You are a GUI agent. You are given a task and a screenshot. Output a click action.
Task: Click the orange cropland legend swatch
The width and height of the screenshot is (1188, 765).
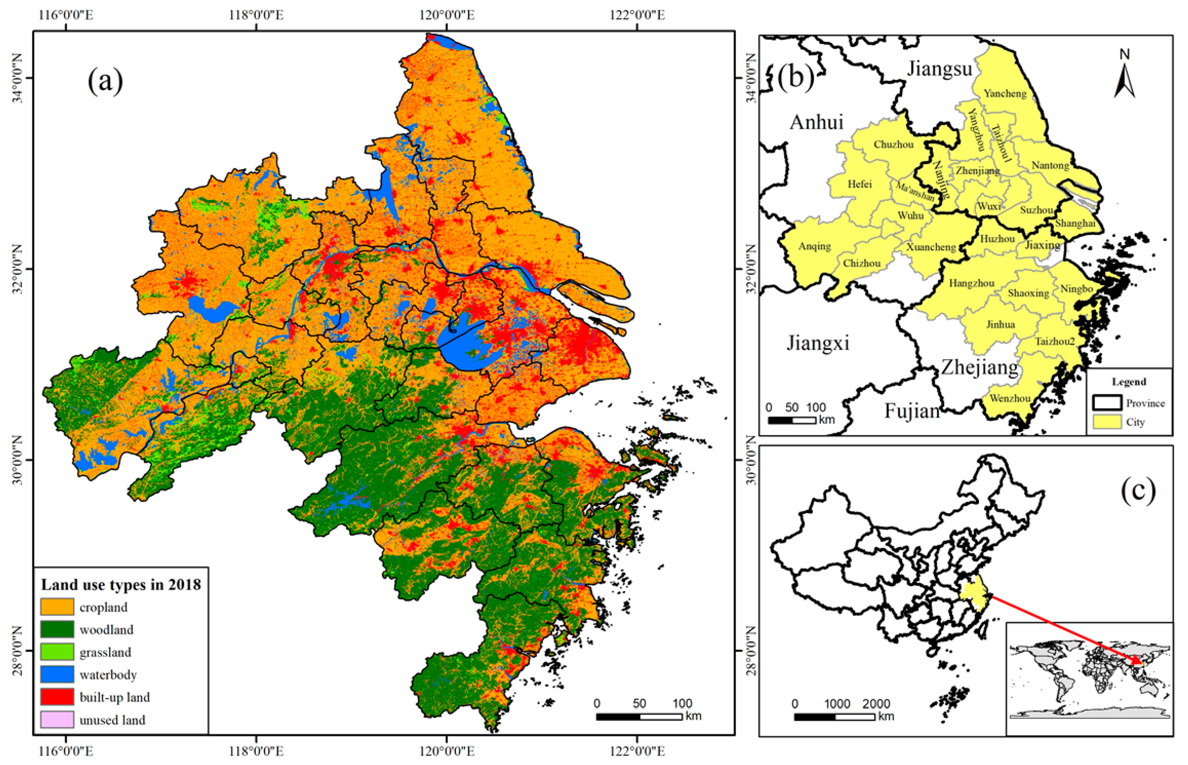(x=57, y=607)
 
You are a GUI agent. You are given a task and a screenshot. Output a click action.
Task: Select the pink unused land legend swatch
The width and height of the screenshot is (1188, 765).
(x=57, y=719)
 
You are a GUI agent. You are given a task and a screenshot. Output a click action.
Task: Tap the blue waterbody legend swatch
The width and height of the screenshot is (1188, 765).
(x=57, y=674)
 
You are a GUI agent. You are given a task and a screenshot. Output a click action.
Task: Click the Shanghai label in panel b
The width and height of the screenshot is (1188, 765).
(x=1075, y=223)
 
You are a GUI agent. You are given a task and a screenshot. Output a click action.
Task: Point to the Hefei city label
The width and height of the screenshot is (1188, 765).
(x=860, y=184)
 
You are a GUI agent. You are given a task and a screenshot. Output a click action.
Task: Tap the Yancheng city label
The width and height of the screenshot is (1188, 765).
(x=1005, y=93)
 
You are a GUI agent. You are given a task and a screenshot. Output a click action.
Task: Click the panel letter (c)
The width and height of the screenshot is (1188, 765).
(x=1138, y=490)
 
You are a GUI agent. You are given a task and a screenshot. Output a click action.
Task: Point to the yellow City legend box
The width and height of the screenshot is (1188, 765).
(x=1107, y=422)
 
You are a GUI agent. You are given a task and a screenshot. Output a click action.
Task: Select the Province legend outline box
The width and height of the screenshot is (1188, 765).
(x=1107, y=402)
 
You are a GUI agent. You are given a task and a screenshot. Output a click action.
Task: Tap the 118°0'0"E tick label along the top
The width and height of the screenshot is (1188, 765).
(x=256, y=15)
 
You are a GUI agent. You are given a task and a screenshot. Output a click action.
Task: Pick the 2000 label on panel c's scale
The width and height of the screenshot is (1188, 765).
(x=876, y=704)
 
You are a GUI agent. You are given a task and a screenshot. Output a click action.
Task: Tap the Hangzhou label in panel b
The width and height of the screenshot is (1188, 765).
(x=971, y=283)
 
